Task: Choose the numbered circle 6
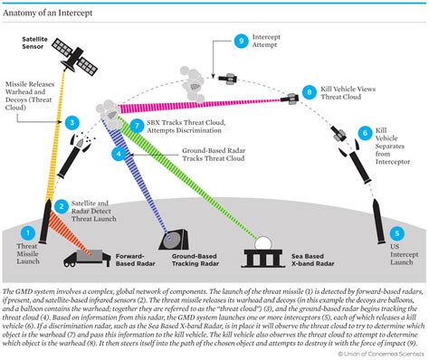point(363,133)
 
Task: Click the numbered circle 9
point(241,41)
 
